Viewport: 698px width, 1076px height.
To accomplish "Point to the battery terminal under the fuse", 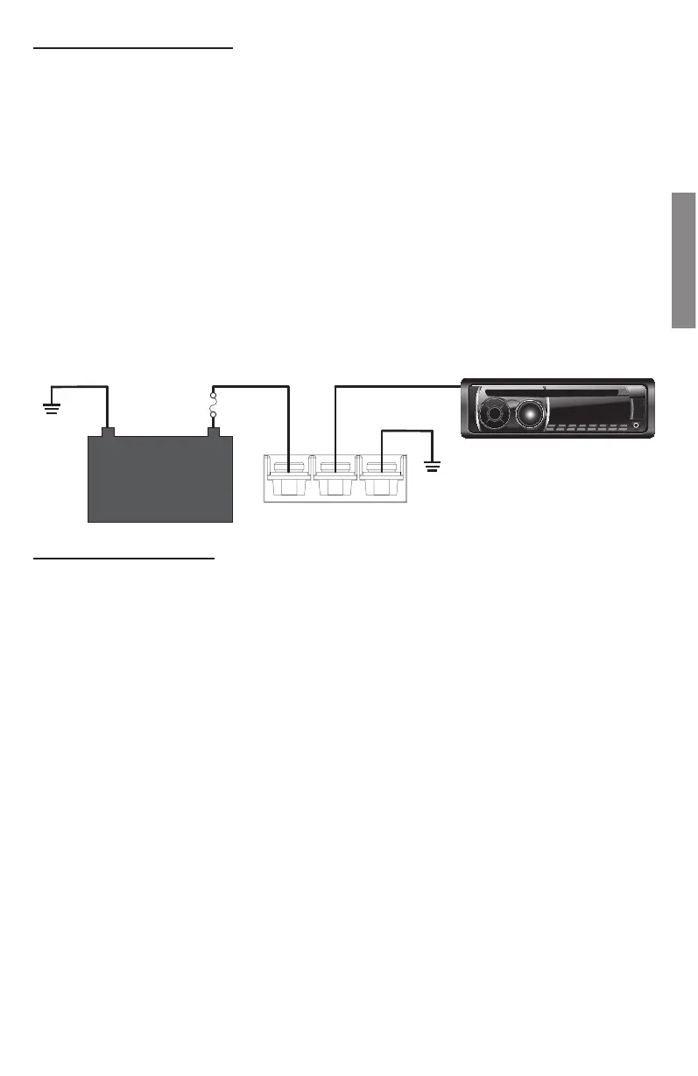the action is point(212,431).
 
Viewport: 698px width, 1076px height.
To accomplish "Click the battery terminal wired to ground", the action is point(108,431).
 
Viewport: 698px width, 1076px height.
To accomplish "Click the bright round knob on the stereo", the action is point(530,413).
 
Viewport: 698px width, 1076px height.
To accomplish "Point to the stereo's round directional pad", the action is point(495,414).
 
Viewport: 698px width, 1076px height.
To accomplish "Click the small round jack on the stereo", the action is point(636,426).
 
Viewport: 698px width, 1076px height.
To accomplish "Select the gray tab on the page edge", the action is point(683,260).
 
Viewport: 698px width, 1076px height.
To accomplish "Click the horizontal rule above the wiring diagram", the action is point(134,49).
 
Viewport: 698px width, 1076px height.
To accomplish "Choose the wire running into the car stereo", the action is point(394,385).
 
